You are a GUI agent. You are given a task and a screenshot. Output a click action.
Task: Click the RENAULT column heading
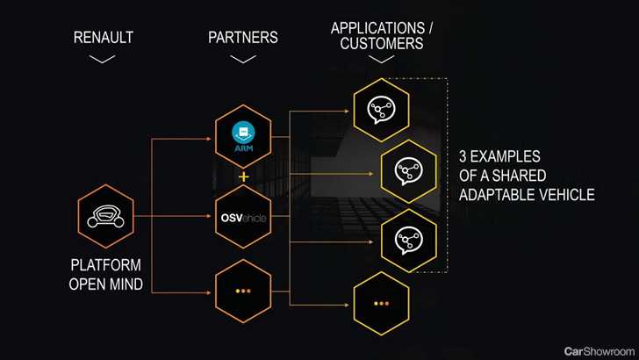[104, 38]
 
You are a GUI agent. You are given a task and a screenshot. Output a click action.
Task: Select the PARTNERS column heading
[243, 38]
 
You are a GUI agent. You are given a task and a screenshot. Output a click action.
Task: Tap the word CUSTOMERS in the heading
[382, 43]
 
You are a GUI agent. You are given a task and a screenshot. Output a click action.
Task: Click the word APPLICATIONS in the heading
[377, 28]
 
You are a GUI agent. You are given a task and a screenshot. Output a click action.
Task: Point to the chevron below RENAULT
[103, 59]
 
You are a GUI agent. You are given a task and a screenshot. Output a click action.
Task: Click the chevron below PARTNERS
[243, 59]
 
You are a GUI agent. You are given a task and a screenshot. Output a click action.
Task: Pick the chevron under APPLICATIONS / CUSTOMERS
[382, 59]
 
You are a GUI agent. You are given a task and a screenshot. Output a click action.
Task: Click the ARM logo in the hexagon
[244, 137]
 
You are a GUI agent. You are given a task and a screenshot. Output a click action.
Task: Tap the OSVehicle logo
[243, 218]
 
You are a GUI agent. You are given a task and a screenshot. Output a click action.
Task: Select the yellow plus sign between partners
[243, 177]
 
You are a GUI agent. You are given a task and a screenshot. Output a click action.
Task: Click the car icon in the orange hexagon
[105, 216]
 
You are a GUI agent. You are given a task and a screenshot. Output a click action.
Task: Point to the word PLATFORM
[106, 265]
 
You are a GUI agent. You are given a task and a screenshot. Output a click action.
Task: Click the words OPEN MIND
[106, 284]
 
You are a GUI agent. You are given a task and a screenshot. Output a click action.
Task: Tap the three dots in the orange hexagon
[243, 292]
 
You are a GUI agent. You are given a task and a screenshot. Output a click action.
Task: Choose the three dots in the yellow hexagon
[381, 304]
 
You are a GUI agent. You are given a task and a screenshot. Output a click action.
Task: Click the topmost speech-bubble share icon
[381, 110]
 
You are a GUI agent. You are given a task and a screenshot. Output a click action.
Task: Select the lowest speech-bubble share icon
[409, 241]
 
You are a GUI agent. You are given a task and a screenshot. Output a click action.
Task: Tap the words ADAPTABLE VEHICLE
[527, 195]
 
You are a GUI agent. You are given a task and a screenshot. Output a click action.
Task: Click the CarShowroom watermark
[599, 351]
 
